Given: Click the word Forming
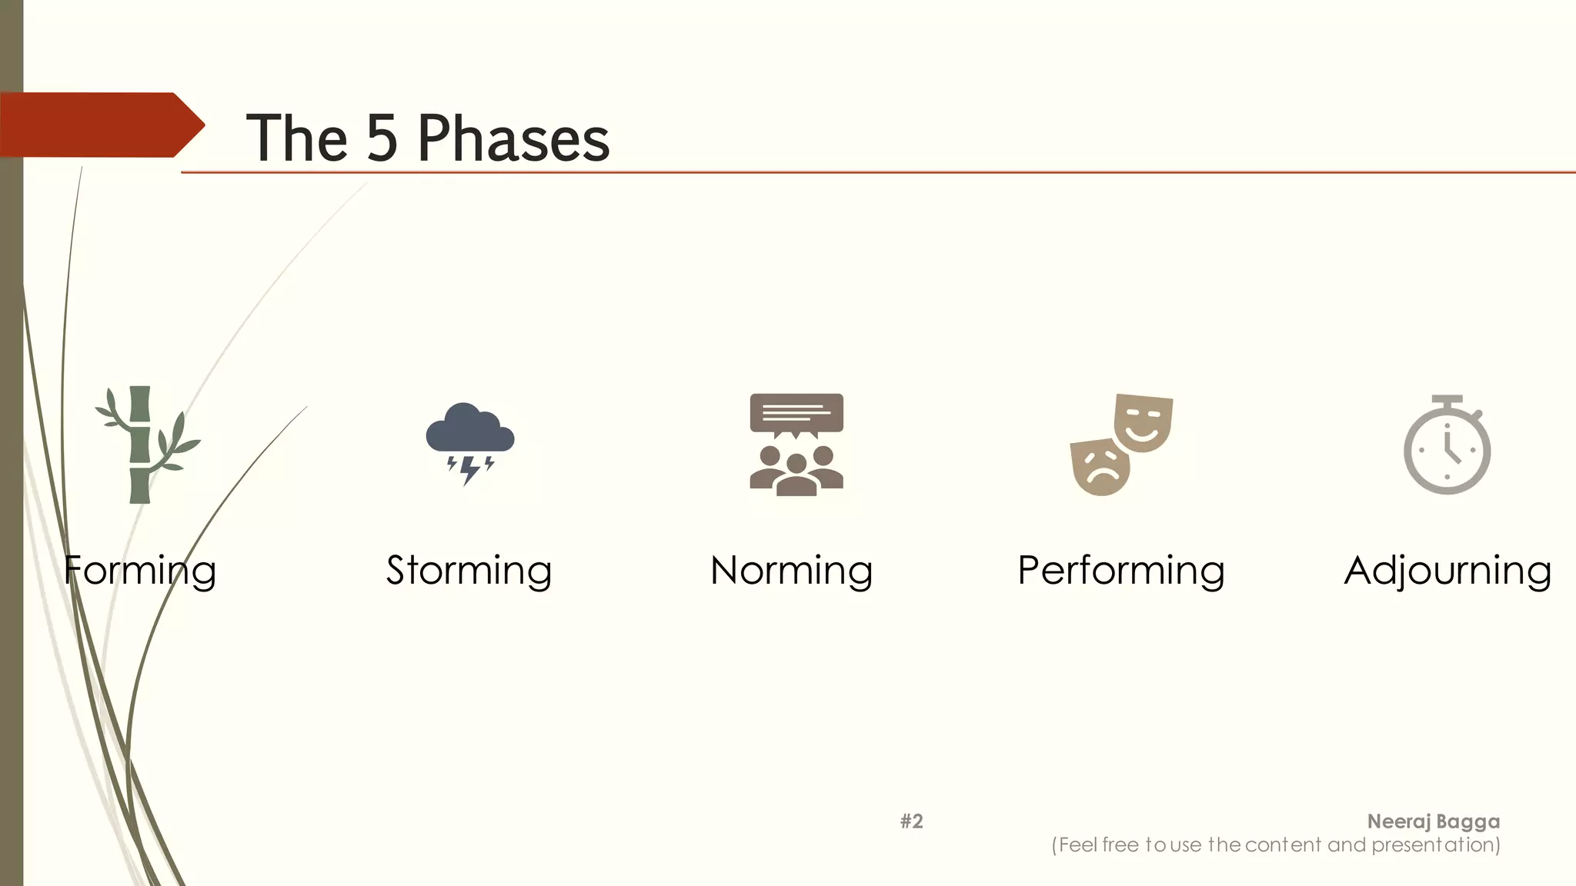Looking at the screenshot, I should point(139,571).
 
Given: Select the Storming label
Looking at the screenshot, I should point(469,571).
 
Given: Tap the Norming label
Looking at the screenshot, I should point(791,571).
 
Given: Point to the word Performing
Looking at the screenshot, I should point(1120,571).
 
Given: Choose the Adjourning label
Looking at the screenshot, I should point(1447,571).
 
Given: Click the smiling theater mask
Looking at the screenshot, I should point(1144,422).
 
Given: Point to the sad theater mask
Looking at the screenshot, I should point(1100,466).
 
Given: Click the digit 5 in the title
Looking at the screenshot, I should point(382,138).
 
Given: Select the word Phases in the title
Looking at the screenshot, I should point(513,138).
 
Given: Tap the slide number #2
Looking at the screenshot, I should point(911,821).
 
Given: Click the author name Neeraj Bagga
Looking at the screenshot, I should point(1433,821).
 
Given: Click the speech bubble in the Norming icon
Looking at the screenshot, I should point(796,414).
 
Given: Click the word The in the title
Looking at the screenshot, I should point(296,138).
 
